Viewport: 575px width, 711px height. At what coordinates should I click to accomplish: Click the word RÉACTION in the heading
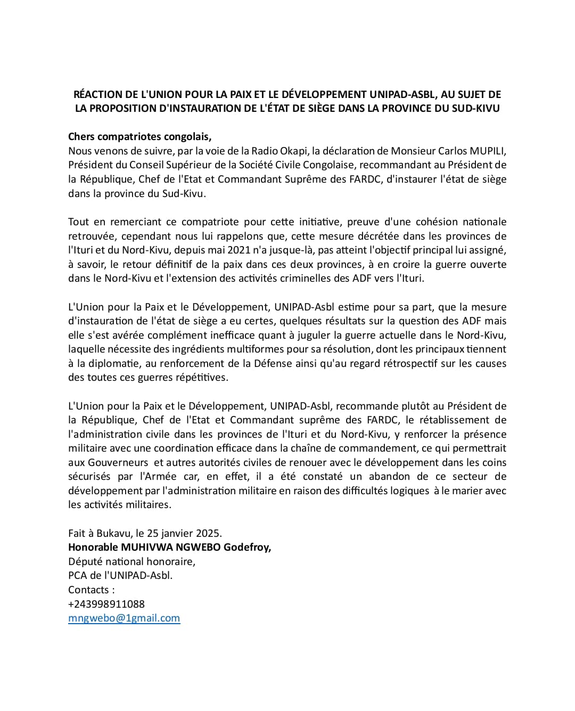point(96,95)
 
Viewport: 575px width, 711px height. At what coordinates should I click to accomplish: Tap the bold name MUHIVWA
point(146,547)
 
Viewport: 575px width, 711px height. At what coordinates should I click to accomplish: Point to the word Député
point(84,561)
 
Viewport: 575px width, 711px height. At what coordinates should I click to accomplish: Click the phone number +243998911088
point(106,604)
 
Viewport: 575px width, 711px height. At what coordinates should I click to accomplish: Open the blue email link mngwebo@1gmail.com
point(124,618)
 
